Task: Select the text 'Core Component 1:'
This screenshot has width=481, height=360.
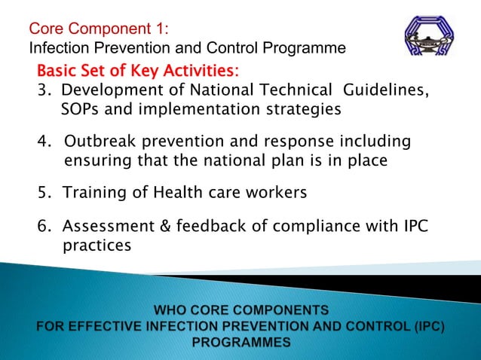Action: click(x=99, y=30)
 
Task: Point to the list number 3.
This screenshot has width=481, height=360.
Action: click(x=44, y=91)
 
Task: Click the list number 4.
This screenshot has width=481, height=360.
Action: click(x=44, y=142)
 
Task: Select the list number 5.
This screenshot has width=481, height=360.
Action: click(x=44, y=193)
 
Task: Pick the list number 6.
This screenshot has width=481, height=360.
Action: click(x=44, y=227)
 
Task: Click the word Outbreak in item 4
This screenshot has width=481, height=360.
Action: click(x=100, y=142)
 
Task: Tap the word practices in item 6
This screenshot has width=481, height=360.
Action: click(x=97, y=246)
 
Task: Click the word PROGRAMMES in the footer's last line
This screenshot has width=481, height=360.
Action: click(x=241, y=342)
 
